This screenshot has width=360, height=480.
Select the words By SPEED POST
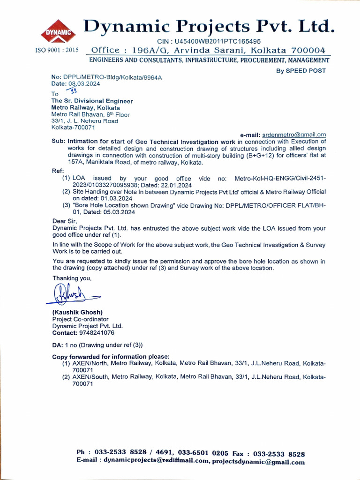click(x=300, y=70)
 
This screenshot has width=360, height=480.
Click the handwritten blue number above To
click(x=72, y=90)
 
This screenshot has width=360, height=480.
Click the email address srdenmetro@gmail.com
click(x=294, y=135)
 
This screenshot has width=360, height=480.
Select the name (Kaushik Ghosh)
click(x=77, y=312)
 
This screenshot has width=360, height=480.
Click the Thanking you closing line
click(x=72, y=278)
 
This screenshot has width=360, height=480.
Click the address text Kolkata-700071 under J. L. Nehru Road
click(x=74, y=127)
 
